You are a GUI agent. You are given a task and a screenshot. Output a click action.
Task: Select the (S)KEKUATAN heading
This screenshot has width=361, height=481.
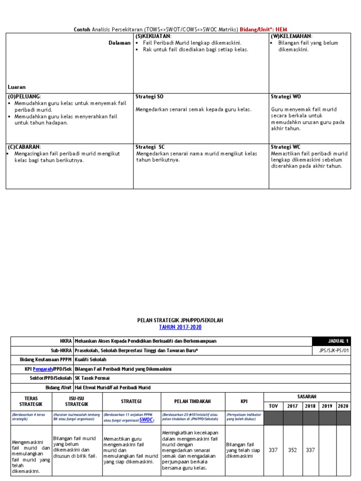pos(154,36)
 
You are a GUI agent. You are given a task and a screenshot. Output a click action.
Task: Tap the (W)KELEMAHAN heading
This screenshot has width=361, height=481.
pos(291,36)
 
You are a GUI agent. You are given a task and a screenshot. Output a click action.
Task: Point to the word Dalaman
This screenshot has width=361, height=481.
pos(119,43)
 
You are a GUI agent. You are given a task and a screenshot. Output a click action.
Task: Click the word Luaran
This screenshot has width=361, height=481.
pos(17,87)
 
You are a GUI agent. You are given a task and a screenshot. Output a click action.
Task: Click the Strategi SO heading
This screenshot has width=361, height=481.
pos(149,96)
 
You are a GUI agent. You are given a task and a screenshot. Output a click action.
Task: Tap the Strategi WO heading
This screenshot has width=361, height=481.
pos(286,96)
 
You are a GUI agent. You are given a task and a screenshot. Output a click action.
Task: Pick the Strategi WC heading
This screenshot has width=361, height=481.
pos(286,147)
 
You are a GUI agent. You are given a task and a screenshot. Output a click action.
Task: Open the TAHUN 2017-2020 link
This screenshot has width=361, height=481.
pos(180,327)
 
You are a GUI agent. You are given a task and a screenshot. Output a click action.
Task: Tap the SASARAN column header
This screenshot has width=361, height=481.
pos(307,397)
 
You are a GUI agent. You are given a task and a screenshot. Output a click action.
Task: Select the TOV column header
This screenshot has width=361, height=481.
pos(273,406)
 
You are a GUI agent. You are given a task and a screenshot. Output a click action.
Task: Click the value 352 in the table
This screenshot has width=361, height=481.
pos(292,450)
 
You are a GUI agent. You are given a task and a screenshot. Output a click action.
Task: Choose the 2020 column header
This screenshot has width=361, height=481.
pos(343,406)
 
